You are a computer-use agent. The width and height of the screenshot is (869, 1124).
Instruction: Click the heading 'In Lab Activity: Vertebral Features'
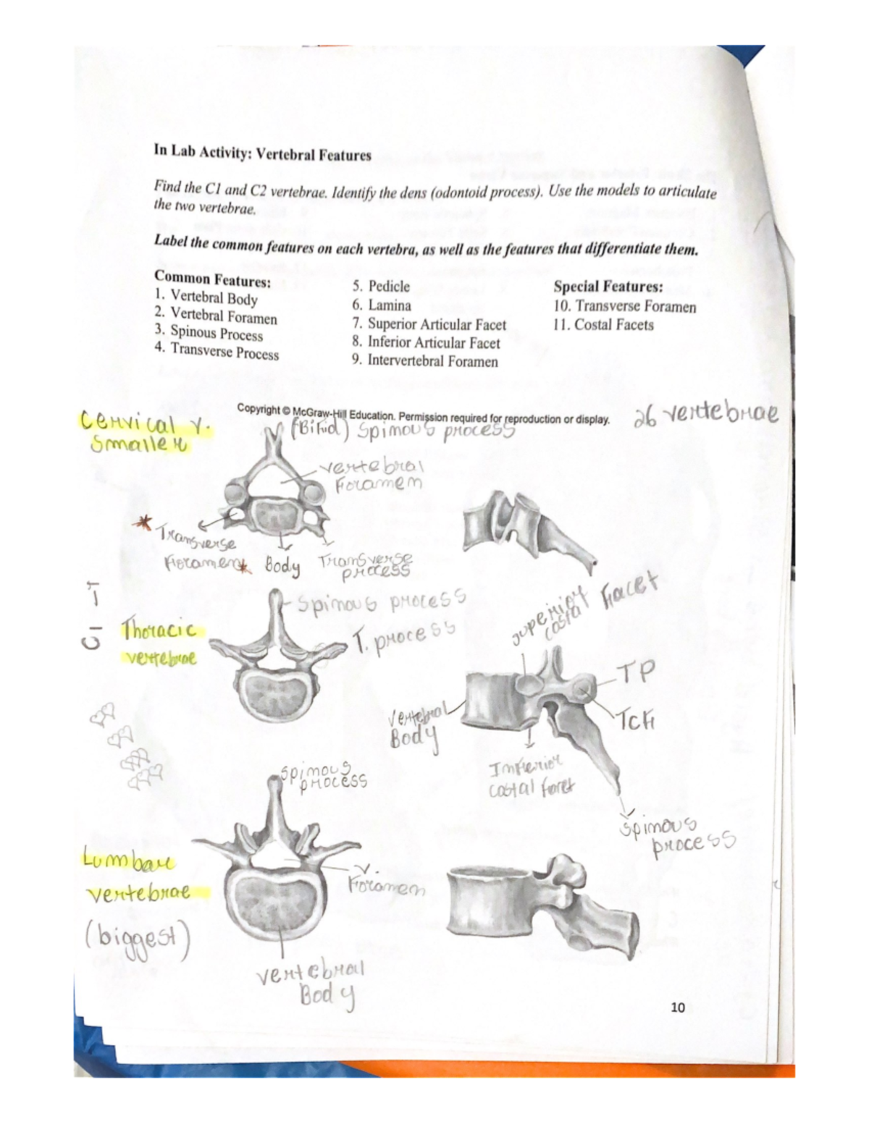click(262, 153)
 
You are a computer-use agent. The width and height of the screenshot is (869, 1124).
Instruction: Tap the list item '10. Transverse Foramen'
click(624, 307)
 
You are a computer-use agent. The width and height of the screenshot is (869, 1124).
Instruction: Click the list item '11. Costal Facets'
click(603, 325)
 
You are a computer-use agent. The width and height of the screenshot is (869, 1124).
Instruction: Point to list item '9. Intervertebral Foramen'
click(425, 360)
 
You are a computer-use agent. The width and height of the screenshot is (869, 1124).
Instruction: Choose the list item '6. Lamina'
click(382, 305)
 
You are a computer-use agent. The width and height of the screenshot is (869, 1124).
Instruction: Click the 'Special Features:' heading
click(608, 287)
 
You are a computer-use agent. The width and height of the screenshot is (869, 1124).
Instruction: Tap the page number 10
click(678, 1007)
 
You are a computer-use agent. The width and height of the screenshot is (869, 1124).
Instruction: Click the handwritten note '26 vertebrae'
click(706, 415)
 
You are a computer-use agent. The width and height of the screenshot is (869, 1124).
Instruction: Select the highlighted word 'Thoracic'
click(159, 629)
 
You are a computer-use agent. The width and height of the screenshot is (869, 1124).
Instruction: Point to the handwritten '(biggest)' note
click(138, 940)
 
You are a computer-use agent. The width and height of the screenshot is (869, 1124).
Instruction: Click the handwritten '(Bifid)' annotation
click(319, 432)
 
